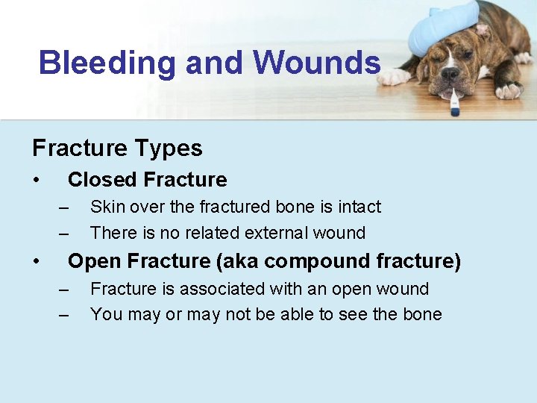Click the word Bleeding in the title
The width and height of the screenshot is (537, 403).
click(x=107, y=63)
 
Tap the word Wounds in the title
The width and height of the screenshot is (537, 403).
click(x=317, y=63)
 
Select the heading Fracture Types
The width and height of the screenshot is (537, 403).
click(x=117, y=148)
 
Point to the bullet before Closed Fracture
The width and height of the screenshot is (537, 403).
click(x=36, y=180)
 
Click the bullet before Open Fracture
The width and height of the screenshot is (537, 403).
click(x=36, y=261)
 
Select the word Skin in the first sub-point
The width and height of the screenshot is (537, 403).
click(x=105, y=207)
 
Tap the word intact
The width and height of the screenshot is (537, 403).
click(x=359, y=207)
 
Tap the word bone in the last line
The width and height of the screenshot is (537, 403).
click(x=421, y=314)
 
